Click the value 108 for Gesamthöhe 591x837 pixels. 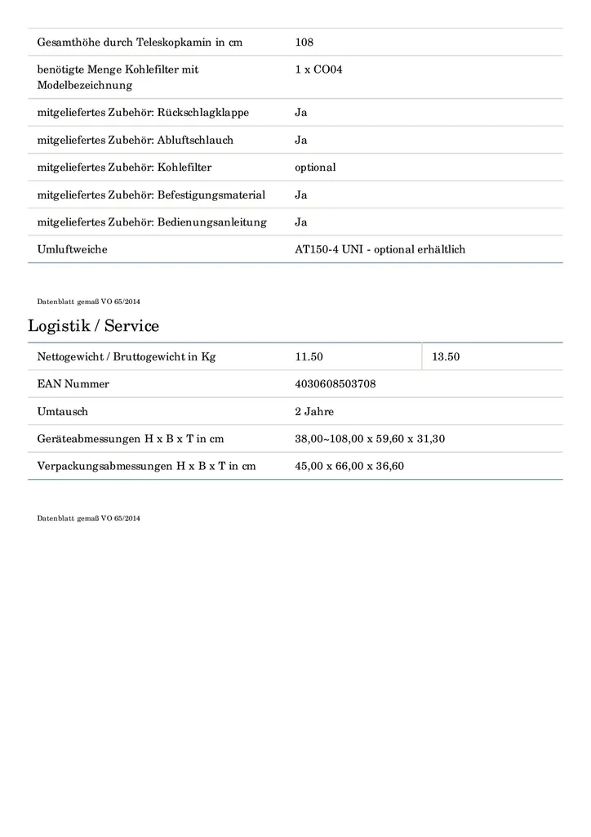(x=304, y=42)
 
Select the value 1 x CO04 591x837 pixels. (x=318, y=69)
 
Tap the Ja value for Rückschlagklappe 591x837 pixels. (x=301, y=112)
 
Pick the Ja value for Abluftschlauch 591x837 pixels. (x=301, y=140)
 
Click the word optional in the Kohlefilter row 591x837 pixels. (x=315, y=168)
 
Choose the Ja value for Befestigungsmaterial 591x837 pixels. (x=301, y=195)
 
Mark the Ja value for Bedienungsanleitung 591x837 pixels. (x=301, y=222)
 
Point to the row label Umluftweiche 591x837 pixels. (x=73, y=249)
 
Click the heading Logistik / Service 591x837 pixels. (x=93, y=326)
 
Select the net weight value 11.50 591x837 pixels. (x=309, y=356)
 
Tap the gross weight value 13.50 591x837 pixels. (x=447, y=356)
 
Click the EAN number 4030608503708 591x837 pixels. (x=335, y=384)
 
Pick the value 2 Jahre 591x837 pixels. (x=314, y=411)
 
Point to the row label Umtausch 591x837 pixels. (x=63, y=411)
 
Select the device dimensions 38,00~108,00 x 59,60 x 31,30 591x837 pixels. (x=369, y=439)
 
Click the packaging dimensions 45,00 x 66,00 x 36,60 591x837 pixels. (x=349, y=466)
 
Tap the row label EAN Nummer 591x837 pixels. (x=73, y=384)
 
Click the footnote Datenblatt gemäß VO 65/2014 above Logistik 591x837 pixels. (x=88, y=302)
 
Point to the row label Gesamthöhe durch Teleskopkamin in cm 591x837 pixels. (x=140, y=42)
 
